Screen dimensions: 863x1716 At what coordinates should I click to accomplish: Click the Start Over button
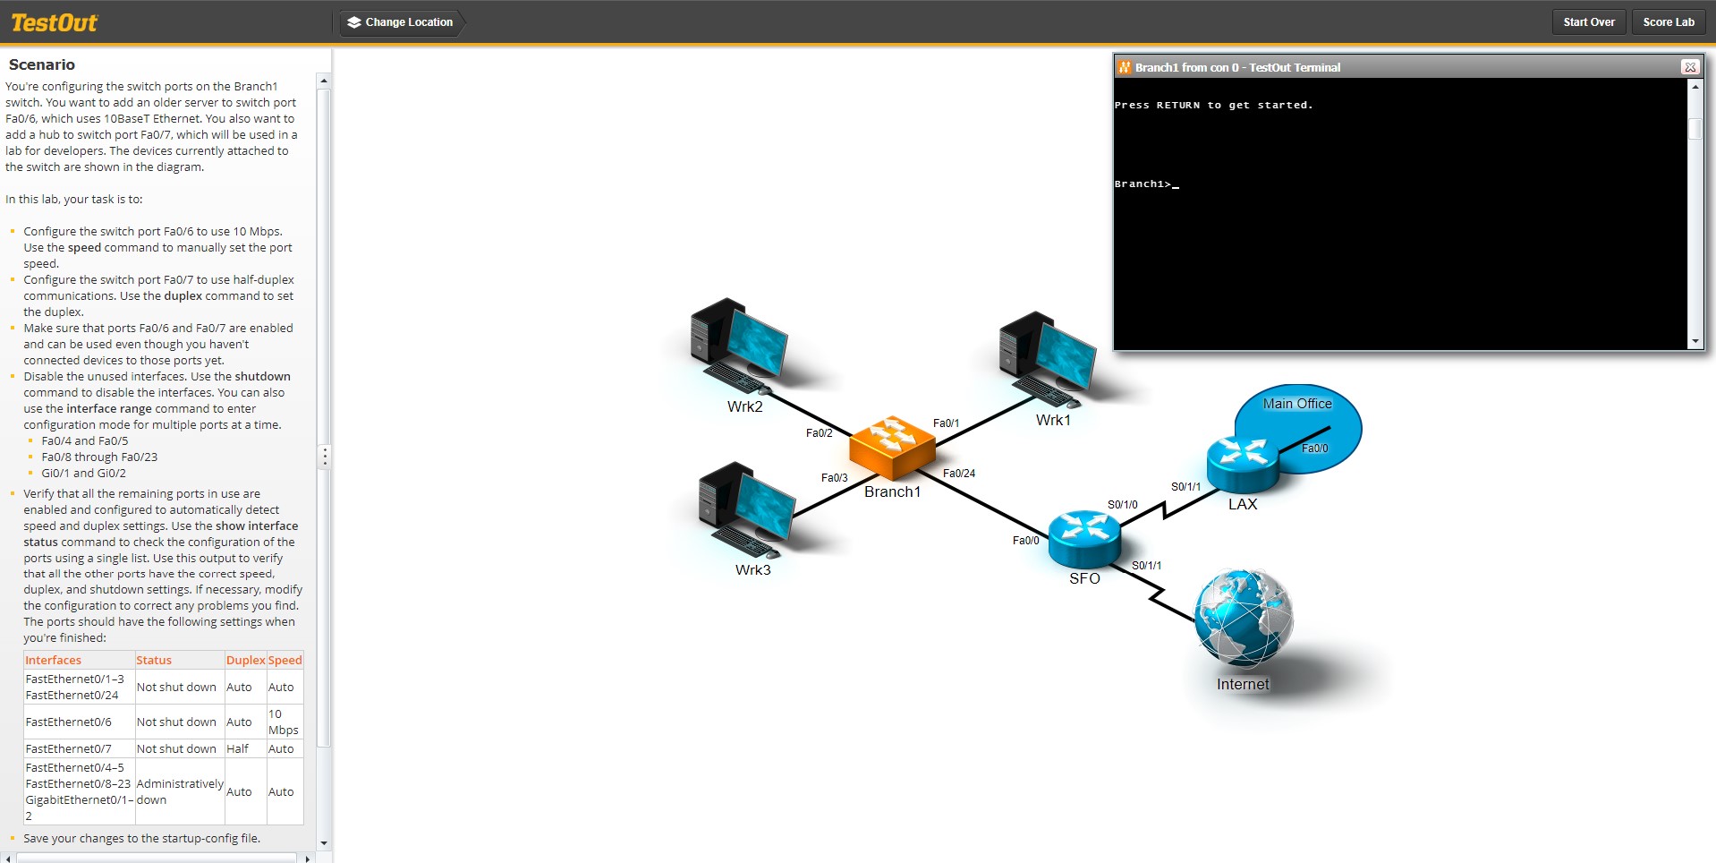tap(1588, 22)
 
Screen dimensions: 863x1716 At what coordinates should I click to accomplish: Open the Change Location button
tap(400, 22)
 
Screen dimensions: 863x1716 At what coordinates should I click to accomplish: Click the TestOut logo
tap(54, 22)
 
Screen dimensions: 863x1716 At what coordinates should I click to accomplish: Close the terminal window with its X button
tap(1689, 67)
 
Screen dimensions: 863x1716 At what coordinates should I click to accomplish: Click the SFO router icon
tap(1083, 537)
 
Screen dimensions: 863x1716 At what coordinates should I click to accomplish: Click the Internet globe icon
tap(1243, 618)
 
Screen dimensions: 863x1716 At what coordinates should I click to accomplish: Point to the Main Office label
tap(1297, 404)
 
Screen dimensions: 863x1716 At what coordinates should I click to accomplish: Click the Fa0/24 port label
tap(959, 474)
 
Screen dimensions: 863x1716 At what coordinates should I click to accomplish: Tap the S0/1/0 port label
tap(1122, 505)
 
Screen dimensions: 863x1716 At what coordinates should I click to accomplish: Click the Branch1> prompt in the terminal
tap(1143, 184)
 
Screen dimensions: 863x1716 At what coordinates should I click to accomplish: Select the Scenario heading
tap(42, 64)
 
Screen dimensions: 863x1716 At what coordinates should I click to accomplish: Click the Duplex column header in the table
tap(245, 661)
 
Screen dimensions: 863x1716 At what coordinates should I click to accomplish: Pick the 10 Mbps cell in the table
tap(283, 722)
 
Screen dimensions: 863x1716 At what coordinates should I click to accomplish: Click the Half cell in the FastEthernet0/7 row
tap(238, 749)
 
